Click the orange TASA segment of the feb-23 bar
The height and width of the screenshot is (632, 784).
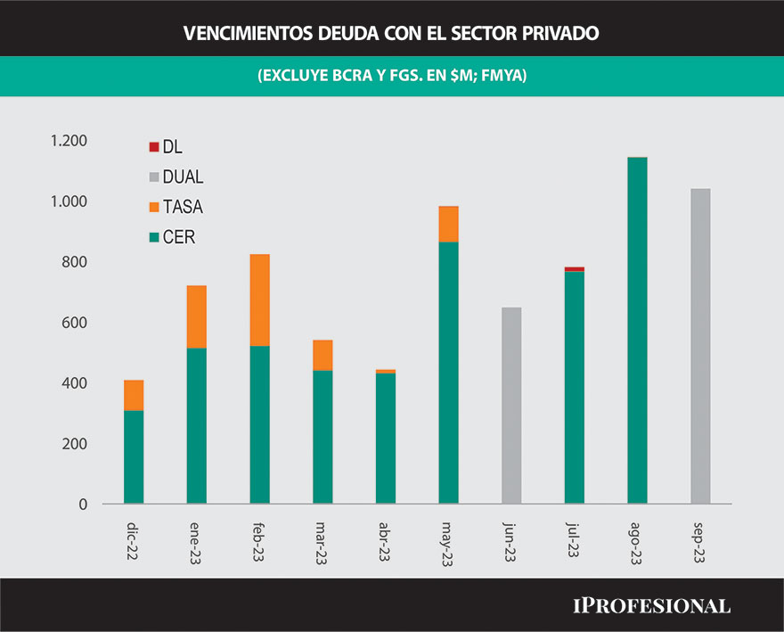pyautogui.click(x=259, y=300)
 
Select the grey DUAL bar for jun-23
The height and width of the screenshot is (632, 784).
pyautogui.click(x=511, y=406)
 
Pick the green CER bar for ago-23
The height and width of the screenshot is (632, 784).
pyautogui.click(x=637, y=331)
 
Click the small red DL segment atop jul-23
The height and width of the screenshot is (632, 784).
pyautogui.click(x=575, y=269)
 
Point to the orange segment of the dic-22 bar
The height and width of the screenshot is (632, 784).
pyautogui.click(x=134, y=395)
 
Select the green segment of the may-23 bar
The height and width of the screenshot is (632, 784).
pyautogui.click(x=448, y=373)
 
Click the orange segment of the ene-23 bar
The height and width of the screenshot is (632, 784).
pyautogui.click(x=196, y=316)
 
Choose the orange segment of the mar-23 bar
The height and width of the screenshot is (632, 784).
pyautogui.click(x=323, y=355)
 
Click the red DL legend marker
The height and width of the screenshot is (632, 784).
pyautogui.click(x=153, y=147)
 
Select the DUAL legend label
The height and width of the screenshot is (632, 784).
pyautogui.click(x=183, y=177)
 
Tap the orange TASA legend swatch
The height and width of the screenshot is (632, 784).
pyautogui.click(x=153, y=208)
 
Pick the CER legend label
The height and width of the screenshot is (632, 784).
pyautogui.click(x=178, y=238)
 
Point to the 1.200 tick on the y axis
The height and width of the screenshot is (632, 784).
pyautogui.click(x=69, y=141)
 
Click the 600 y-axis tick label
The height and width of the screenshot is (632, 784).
pyautogui.click(x=75, y=323)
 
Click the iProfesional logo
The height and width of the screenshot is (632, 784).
pyautogui.click(x=650, y=606)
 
